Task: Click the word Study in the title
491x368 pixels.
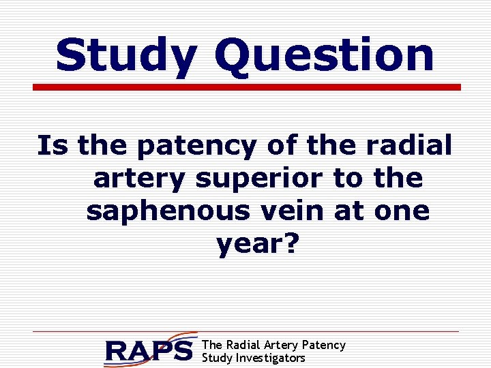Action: pos(125,56)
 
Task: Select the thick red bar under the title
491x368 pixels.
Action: pos(247,87)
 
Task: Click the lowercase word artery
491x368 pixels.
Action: pos(140,179)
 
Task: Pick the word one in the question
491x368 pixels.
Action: pos(402,211)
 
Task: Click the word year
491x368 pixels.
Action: pos(250,244)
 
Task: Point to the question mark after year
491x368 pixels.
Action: pos(291,243)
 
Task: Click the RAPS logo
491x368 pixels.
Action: pos(150,350)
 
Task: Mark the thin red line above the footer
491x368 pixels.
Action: pos(245,332)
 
